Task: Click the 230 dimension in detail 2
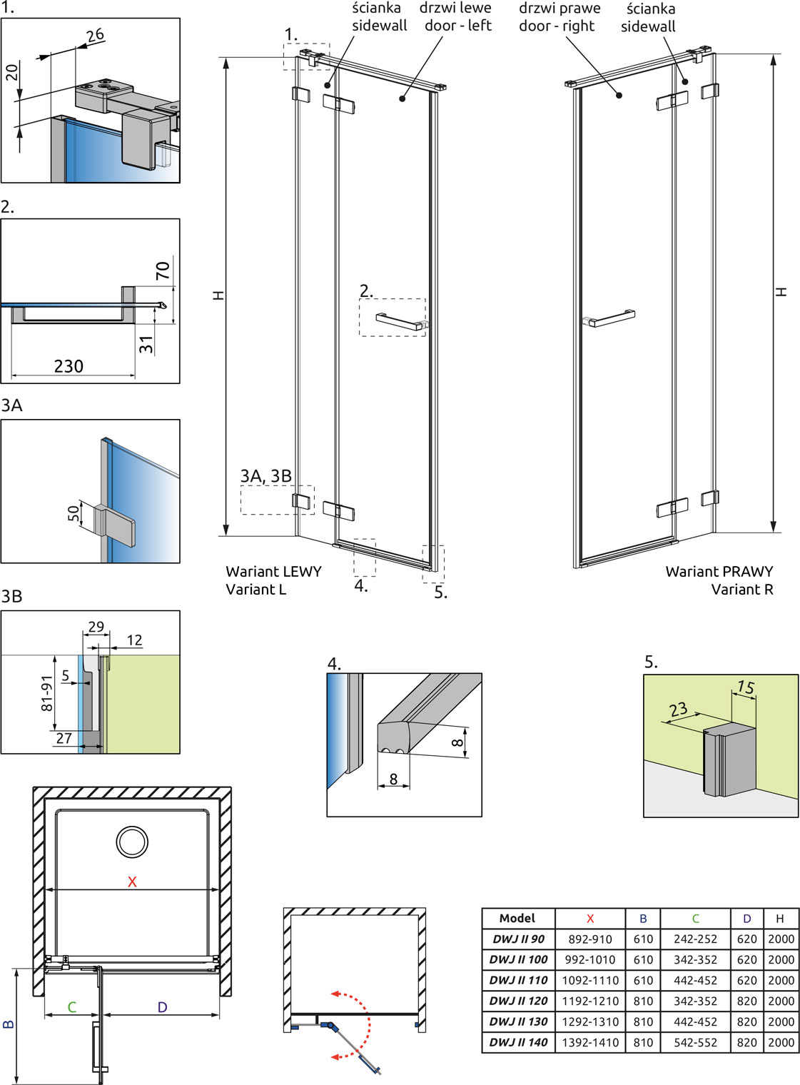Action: [69, 366]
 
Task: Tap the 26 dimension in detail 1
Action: [96, 35]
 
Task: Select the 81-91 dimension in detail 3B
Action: [47, 693]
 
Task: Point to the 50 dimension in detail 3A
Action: [73, 513]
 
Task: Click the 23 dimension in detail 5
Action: [679, 710]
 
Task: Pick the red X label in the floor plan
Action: [132, 882]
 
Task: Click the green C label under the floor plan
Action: [71, 1007]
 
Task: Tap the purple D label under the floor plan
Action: [162, 1007]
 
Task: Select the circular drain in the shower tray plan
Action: [132, 842]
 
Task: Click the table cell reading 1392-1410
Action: [589, 1042]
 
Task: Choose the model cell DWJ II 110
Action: [518, 980]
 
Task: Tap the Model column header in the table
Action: [517, 919]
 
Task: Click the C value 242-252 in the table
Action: [695, 939]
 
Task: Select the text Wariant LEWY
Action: [273, 572]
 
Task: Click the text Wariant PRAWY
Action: [719, 572]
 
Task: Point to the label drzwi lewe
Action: [455, 8]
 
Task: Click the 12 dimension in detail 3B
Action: [134, 640]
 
